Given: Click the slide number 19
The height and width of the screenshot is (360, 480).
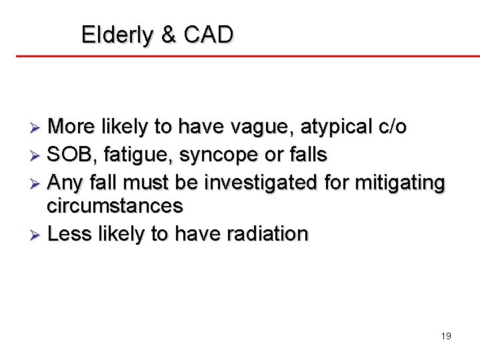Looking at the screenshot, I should (x=446, y=336).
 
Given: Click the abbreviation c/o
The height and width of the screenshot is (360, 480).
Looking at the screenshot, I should (x=391, y=127).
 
